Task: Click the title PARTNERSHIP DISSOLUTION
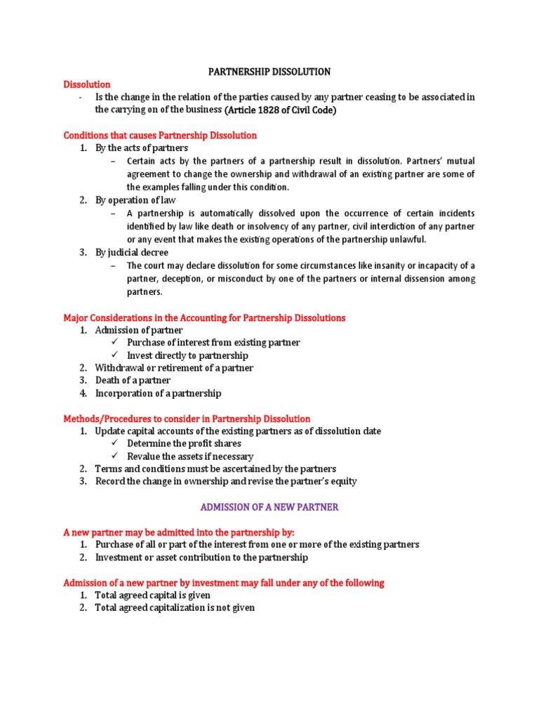tap(270, 72)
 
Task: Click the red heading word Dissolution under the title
tap(87, 84)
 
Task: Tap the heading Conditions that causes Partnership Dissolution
tap(160, 135)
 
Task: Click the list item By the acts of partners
tap(142, 148)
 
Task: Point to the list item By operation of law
tap(135, 200)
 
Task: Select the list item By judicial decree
tap(132, 252)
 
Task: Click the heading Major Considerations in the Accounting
tap(204, 317)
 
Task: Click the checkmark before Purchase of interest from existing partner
tap(115, 343)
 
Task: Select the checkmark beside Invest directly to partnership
tap(115, 355)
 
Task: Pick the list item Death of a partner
tap(133, 381)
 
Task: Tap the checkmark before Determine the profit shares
tap(115, 444)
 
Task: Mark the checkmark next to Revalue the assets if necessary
tap(115, 456)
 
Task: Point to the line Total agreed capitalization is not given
tap(175, 608)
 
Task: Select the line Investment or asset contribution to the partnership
tap(201, 558)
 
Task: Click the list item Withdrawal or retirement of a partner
tap(174, 368)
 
